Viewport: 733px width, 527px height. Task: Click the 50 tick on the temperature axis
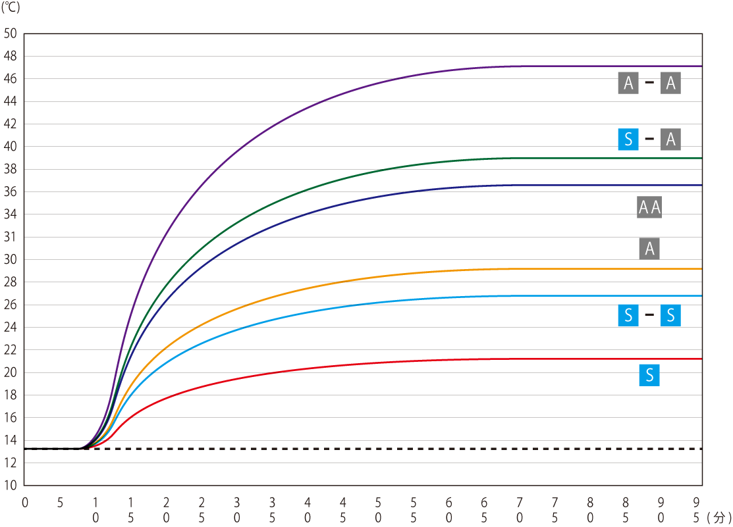click(x=11, y=34)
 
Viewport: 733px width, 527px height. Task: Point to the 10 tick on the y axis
click(x=11, y=486)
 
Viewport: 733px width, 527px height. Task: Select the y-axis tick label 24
click(x=11, y=327)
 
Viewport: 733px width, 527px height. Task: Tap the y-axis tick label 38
click(x=11, y=169)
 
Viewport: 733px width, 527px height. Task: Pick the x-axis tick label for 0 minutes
click(x=25, y=503)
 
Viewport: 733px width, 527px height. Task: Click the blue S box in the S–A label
click(x=628, y=139)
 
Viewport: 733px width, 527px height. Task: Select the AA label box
click(x=649, y=208)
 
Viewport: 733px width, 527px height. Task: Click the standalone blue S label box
click(x=649, y=376)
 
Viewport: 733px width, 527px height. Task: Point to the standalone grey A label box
click(x=649, y=249)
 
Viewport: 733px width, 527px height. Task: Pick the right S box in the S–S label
click(x=670, y=316)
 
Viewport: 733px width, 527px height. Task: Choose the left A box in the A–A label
click(x=628, y=83)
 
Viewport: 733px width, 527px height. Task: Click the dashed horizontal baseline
click(x=395, y=449)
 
